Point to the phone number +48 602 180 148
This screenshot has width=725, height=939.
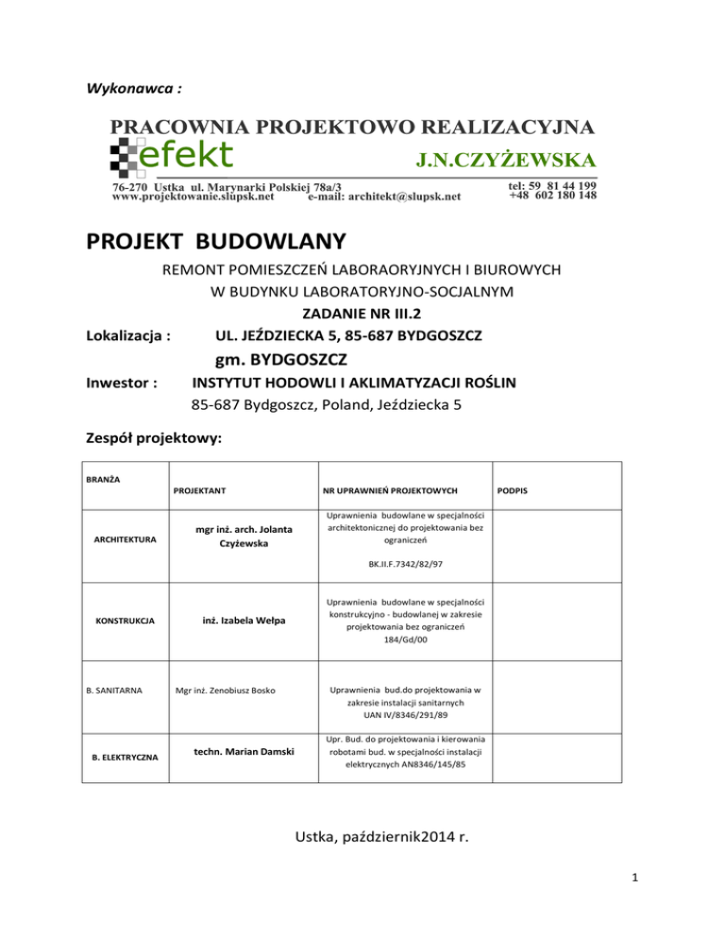[552, 196]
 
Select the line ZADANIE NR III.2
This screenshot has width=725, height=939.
[362, 315]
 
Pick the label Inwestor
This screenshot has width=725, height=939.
[121, 385]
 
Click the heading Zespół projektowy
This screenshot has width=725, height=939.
[154, 438]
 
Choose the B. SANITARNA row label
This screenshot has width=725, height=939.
[114, 691]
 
